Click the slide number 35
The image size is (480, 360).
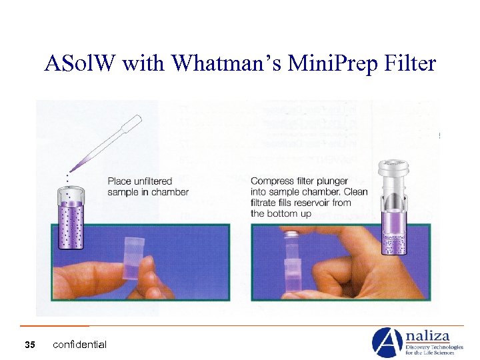tap(29, 345)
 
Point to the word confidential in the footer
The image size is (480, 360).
tap(79, 345)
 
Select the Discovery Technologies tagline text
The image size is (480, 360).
tap(435, 347)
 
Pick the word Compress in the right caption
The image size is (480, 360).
tap(273, 181)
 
